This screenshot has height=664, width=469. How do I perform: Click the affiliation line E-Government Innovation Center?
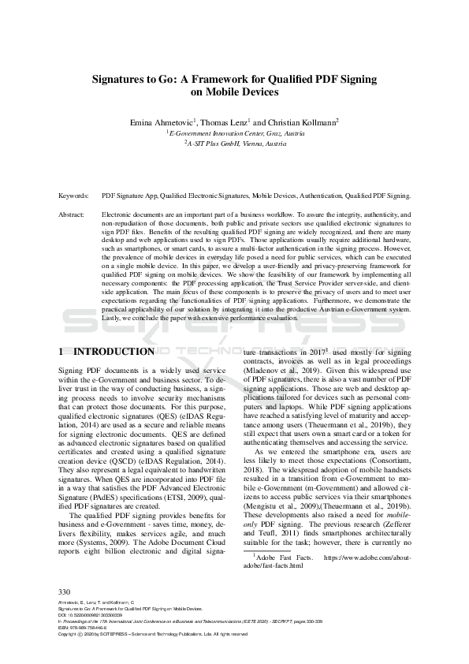point(237,134)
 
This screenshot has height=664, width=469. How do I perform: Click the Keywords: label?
point(73,194)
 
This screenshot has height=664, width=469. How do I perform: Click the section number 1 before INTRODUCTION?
point(62,351)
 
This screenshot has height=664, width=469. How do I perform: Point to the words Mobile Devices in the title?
point(236,92)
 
